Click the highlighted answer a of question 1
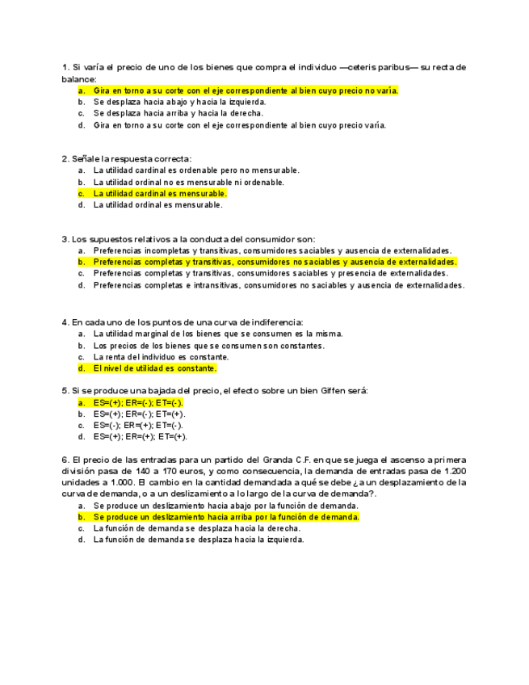[x=246, y=91]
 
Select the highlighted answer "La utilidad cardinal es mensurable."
[x=160, y=194]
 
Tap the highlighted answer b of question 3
[x=275, y=263]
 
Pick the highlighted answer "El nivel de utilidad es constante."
[x=155, y=368]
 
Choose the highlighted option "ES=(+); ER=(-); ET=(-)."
[x=138, y=402]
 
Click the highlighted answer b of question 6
[x=226, y=517]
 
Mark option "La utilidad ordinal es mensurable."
[x=157, y=205]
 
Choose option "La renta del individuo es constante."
[x=161, y=357]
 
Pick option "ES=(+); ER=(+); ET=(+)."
[x=139, y=436]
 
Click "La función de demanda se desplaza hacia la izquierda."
[x=198, y=540]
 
